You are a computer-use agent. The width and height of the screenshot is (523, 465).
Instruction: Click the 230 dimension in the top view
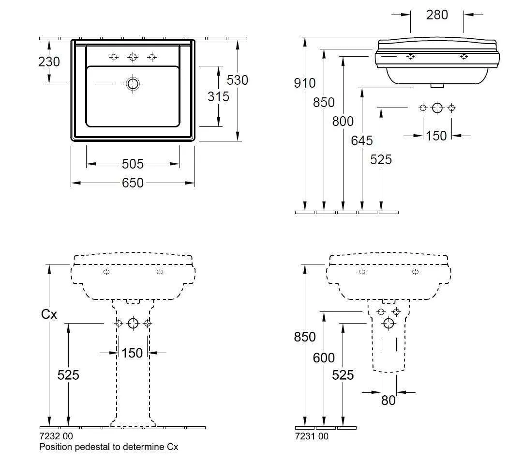[x=49, y=62]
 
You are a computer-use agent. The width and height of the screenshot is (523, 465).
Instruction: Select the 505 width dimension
[x=133, y=164]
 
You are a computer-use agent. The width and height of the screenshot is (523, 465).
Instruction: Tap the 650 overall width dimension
[x=133, y=183]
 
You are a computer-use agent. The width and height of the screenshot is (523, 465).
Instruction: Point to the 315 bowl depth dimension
[x=218, y=96]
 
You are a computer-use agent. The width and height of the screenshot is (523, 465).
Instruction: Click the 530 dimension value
[x=237, y=80]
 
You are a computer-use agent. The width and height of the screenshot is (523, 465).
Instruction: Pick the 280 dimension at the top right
[x=437, y=15]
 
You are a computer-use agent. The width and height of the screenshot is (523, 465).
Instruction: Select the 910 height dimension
[x=305, y=83]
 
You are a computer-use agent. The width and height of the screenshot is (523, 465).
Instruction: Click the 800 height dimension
[x=343, y=121]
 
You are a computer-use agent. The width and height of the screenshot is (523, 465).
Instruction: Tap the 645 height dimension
[x=362, y=140]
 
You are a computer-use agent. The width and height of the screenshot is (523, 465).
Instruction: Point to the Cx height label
[x=49, y=314]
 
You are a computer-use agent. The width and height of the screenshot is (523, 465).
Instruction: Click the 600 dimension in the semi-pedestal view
[x=324, y=357]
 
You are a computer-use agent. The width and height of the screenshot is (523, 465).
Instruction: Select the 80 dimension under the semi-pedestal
[x=388, y=400]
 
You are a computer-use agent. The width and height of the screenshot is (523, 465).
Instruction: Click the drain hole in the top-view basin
[x=133, y=84]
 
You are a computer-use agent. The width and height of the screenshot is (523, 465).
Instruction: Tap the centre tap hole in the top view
[x=133, y=57]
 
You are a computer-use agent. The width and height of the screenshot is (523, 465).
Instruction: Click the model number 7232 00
[x=56, y=436]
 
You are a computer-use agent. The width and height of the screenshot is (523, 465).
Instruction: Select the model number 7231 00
[x=312, y=436]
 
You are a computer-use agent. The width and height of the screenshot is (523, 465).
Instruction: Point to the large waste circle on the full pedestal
[x=133, y=324]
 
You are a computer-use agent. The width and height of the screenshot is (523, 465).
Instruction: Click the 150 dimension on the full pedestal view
[x=132, y=353]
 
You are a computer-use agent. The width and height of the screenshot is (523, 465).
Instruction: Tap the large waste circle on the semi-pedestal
[x=389, y=324]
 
